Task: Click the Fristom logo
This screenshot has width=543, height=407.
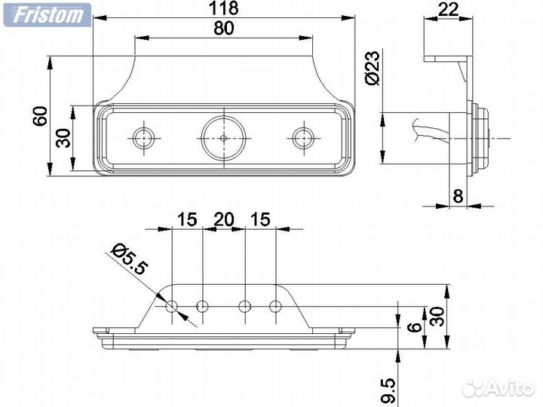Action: tap(46, 14)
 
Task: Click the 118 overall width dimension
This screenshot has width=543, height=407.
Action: tap(223, 8)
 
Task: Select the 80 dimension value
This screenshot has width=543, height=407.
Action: tap(223, 29)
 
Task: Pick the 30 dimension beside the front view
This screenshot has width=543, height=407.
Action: tap(64, 138)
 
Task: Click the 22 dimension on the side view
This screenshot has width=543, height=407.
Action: tap(449, 9)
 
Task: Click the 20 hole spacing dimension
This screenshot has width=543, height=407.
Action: tap(224, 219)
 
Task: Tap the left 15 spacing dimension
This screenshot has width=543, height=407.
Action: tap(187, 219)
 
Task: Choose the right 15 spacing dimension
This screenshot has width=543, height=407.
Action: tap(259, 219)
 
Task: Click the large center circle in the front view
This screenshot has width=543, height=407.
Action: tap(224, 138)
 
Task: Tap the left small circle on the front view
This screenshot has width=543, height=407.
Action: tap(143, 137)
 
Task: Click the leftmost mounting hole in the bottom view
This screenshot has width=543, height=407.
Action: tap(172, 306)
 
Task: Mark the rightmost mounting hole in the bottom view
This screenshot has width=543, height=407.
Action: tap(275, 306)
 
